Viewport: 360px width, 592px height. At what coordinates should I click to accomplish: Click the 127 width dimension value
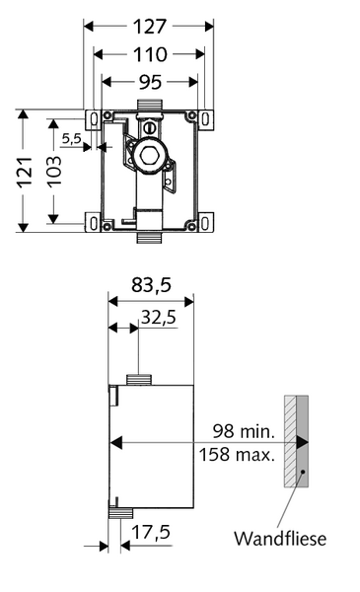tap(150, 27)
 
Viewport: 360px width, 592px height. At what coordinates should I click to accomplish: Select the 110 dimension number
tap(150, 54)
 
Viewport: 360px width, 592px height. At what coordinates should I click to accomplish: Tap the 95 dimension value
tap(150, 82)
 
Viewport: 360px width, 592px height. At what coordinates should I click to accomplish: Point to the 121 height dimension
tap(24, 172)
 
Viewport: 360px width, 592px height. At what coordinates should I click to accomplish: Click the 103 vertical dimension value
tap(54, 171)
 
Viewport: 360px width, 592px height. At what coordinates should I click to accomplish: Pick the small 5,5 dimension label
tap(72, 138)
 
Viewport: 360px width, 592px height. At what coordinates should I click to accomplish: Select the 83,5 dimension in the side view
tap(151, 285)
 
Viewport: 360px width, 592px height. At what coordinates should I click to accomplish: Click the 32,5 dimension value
tap(159, 317)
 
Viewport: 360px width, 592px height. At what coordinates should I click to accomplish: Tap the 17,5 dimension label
tap(151, 533)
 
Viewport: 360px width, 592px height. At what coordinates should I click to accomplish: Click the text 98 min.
tap(244, 431)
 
